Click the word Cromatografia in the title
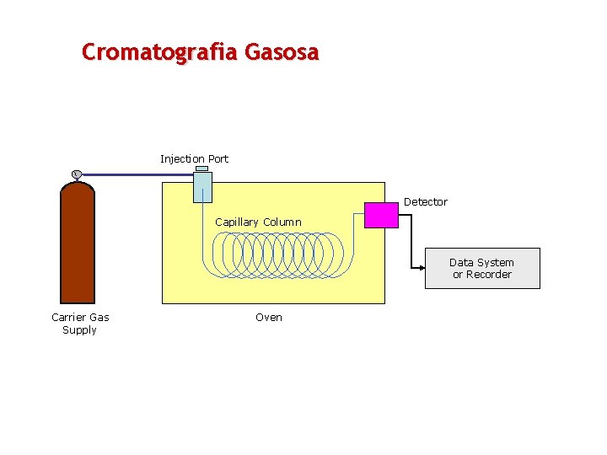pyautogui.click(x=160, y=52)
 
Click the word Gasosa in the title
pyautogui.click(x=282, y=52)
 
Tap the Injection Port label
pyautogui.click(x=194, y=158)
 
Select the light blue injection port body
pyautogui.click(x=202, y=187)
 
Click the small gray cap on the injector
pyautogui.click(x=202, y=169)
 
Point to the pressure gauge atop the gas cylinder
pyautogui.click(x=76, y=174)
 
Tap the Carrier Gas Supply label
pyautogui.click(x=80, y=324)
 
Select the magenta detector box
pyautogui.click(x=381, y=216)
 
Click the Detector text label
pyautogui.click(x=425, y=202)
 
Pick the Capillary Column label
pyautogui.click(x=258, y=222)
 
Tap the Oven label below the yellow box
pyautogui.click(x=269, y=318)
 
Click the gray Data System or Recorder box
pyautogui.click(x=482, y=269)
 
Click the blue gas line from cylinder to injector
pyautogui.click(x=135, y=175)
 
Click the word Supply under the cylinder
pyautogui.click(x=80, y=330)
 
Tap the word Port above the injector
pyautogui.click(x=218, y=158)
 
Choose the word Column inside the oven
pyautogui.click(x=282, y=222)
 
